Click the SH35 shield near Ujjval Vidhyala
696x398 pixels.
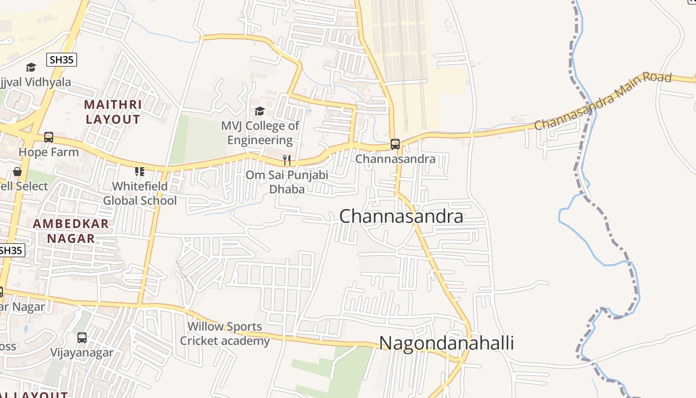[62, 60]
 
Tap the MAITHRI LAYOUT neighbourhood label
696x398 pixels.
[113, 112]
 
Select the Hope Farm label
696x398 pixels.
[49, 152]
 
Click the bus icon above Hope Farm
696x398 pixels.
[49, 137]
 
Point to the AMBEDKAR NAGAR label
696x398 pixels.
[71, 231]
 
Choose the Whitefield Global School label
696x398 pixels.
[140, 194]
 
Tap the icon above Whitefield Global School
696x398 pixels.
[140, 172]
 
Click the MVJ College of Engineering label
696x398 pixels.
[260, 133]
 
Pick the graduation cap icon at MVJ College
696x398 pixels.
[260, 111]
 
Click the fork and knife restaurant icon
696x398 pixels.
[287, 160]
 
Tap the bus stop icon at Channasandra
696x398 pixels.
[395, 144]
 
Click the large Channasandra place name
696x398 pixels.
[401, 216]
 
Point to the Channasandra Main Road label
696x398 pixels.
[603, 101]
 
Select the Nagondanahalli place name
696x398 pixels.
[446, 343]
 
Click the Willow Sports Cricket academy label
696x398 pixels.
[225, 334]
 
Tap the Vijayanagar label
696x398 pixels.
[82, 353]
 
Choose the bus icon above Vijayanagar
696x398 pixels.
[82, 338]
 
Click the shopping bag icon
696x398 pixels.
[17, 172]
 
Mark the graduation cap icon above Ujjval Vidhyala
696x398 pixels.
[31, 67]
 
